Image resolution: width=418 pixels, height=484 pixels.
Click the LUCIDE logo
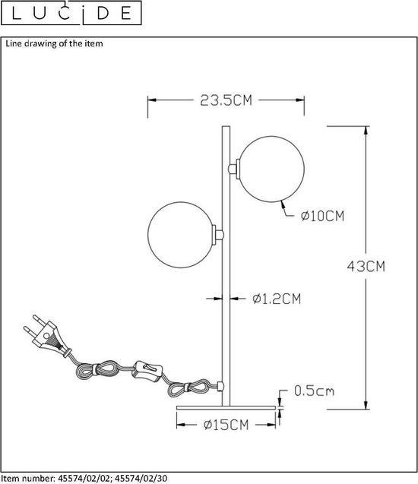click(71, 13)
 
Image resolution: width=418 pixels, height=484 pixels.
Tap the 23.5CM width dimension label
click(226, 100)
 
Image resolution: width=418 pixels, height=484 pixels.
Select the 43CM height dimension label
click(366, 266)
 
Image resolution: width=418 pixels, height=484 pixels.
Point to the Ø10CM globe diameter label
click(322, 216)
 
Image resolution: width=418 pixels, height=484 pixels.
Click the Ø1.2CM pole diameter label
click(277, 299)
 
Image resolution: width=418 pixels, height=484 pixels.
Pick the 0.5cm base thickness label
click(315, 391)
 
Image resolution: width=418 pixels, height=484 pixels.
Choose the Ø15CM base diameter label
click(226, 425)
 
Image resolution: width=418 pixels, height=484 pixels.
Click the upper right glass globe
click(272, 169)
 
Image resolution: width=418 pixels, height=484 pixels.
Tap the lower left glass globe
click(181, 235)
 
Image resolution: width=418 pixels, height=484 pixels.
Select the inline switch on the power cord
click(147, 369)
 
